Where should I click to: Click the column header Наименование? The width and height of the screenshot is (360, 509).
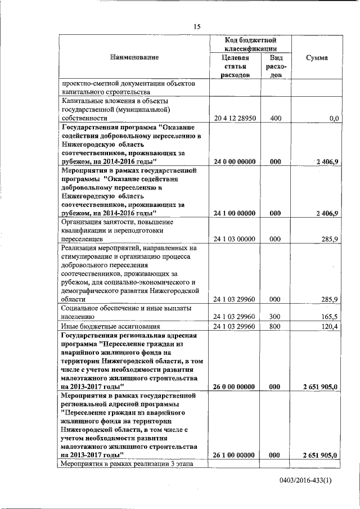coord(134,57)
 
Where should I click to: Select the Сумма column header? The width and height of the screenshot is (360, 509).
coord(317,57)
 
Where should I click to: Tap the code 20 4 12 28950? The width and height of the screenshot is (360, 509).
coord(236,119)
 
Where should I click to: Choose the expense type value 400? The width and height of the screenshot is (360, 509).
coord(275,119)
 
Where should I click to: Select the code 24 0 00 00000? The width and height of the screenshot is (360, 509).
coord(236,161)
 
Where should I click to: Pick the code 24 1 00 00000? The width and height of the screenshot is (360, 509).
coord(236,213)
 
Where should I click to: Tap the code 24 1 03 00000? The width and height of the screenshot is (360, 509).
coord(236,239)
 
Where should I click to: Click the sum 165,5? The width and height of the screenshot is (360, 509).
coord(328,317)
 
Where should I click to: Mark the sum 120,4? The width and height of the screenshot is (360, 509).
coord(328,326)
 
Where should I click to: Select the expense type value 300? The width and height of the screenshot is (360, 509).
coord(275,317)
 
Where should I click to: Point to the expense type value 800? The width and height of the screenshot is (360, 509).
coord(275,326)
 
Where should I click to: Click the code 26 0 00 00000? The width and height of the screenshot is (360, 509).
coord(236,387)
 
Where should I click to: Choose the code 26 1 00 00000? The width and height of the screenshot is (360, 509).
coord(236,455)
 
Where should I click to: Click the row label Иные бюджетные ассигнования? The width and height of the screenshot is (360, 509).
coord(111,326)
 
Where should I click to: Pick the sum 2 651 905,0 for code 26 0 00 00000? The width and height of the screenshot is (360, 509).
coord(319,387)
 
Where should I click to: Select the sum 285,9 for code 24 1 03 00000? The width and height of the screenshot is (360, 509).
coord(328,239)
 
